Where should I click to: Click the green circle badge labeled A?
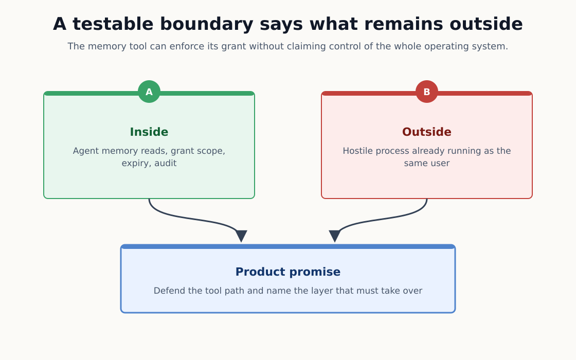[x=149, y=92]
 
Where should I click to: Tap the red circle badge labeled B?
[x=427, y=92]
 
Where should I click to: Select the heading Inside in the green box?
[x=149, y=132]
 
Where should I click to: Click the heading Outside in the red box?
[x=427, y=132]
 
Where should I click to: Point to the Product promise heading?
[x=288, y=272]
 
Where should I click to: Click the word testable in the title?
[x=113, y=24]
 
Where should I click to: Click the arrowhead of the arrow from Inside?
[x=241, y=236]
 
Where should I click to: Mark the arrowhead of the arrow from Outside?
[x=335, y=236]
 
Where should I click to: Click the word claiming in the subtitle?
[x=300, y=47]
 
